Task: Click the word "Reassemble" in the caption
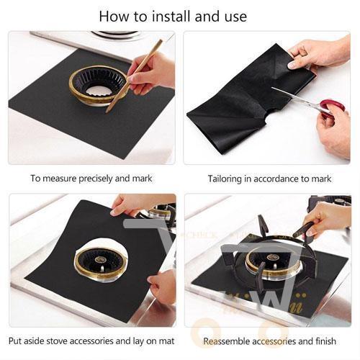click(x=228, y=341)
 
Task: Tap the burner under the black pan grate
click(x=273, y=258)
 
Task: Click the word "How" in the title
click(x=114, y=15)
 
